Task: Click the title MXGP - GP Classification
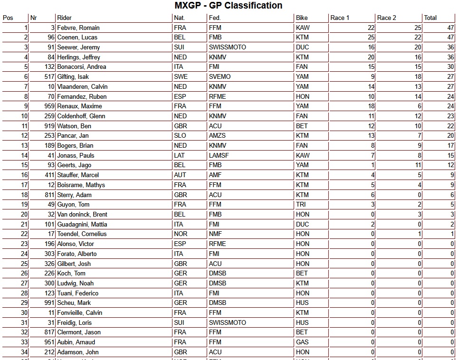point(229,6)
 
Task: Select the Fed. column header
point(215,18)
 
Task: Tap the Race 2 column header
point(387,18)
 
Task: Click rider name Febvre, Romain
point(78,28)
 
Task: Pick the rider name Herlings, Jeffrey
point(78,57)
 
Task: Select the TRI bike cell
point(301,205)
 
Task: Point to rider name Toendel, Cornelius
point(82,234)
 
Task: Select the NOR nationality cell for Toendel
point(180,234)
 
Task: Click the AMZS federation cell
point(217,136)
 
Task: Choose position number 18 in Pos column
point(24,195)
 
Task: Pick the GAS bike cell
point(302,342)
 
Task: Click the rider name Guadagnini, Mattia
point(82,224)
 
